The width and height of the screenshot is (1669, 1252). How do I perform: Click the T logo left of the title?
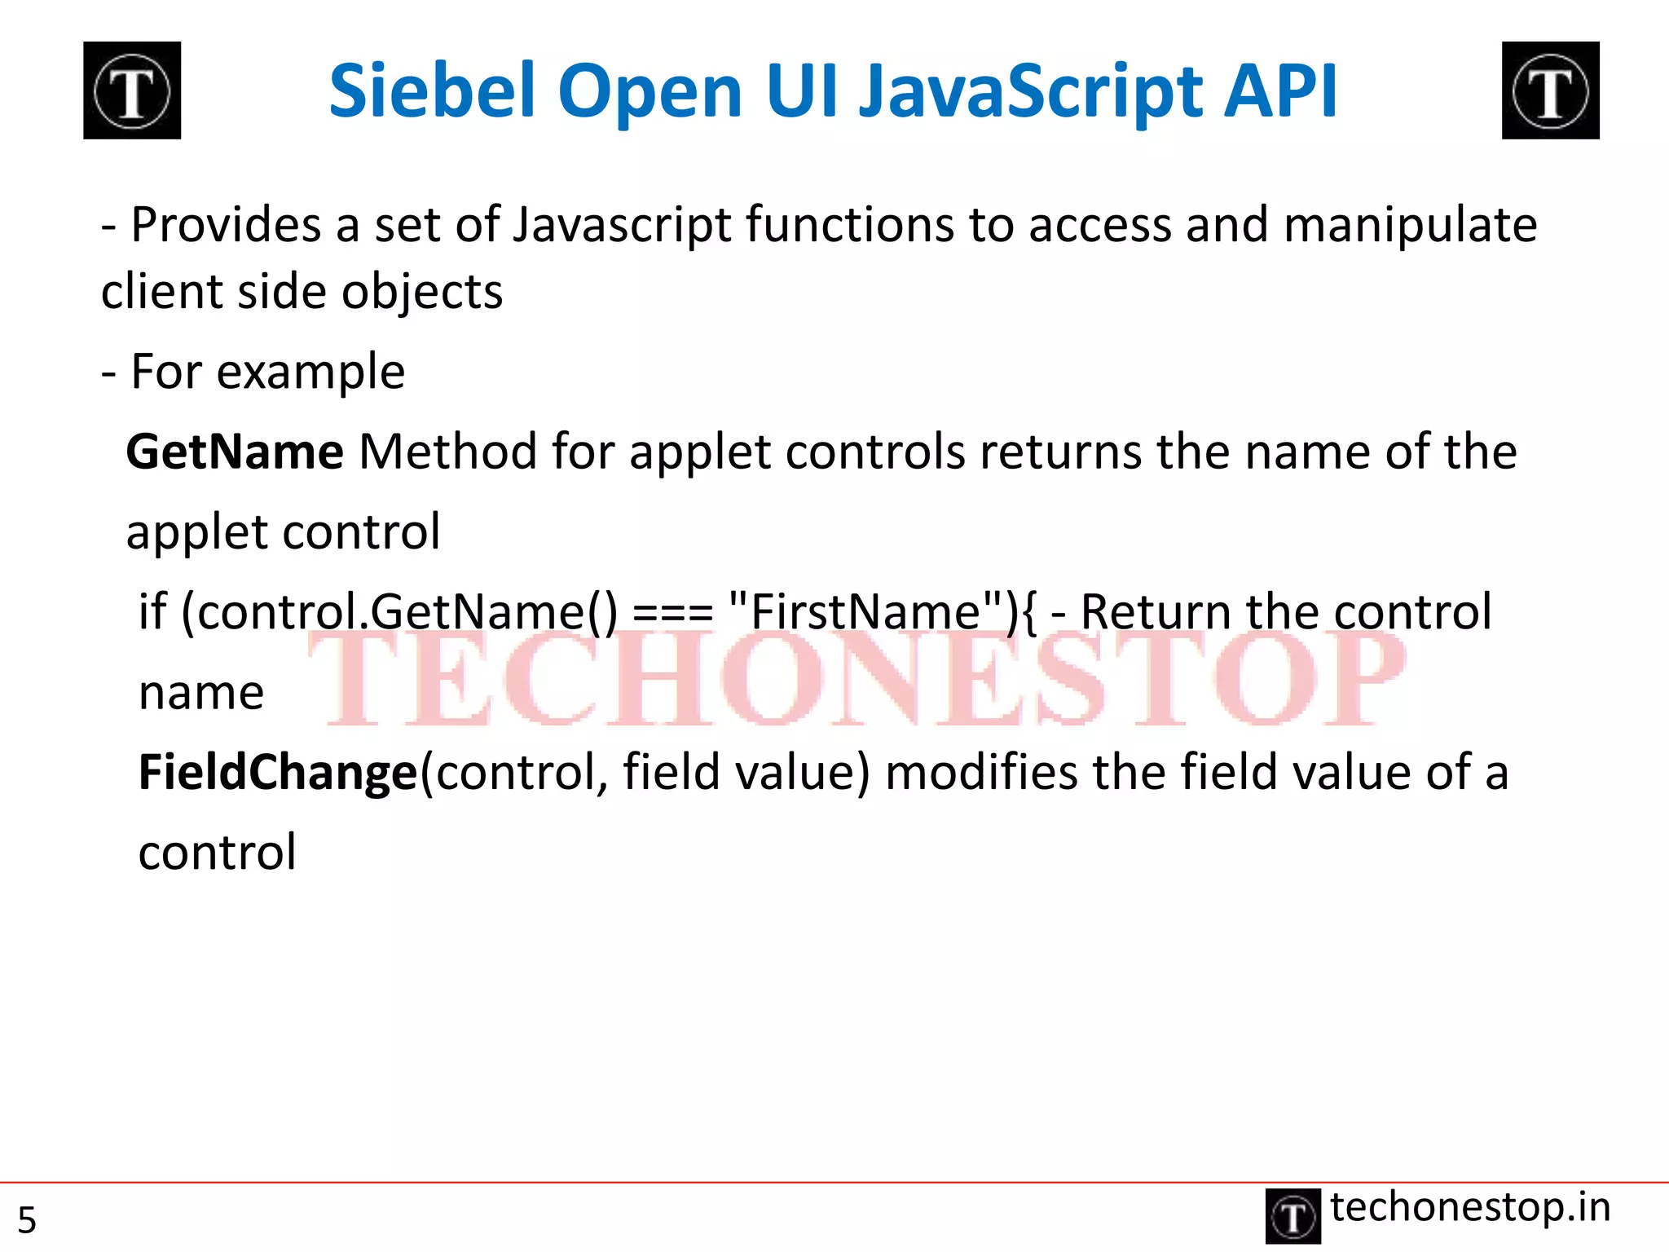[132, 90]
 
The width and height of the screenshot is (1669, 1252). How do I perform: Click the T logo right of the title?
[1550, 90]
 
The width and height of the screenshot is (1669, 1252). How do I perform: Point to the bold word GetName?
[235, 452]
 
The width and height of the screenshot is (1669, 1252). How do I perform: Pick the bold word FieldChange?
[278, 773]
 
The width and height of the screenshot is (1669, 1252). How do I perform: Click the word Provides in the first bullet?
[226, 225]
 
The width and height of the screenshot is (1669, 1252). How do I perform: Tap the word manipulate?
[1410, 227]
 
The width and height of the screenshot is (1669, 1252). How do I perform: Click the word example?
[310, 373]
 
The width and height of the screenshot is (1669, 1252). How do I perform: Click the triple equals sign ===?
[672, 613]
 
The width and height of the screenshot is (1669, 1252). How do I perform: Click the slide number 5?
[27, 1220]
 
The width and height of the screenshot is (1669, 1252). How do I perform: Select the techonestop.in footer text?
[1470, 1207]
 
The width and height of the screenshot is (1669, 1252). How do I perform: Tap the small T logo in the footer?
[1292, 1217]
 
